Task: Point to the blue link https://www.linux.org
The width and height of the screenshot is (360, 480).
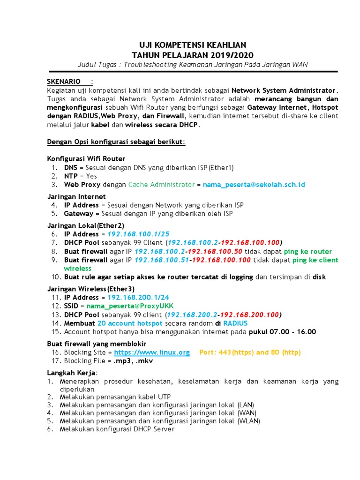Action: click(152, 352)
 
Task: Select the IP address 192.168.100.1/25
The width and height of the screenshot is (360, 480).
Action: click(139, 234)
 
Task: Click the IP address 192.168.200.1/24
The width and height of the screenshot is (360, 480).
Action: click(138, 297)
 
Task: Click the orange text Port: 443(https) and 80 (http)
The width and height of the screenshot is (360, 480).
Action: click(250, 352)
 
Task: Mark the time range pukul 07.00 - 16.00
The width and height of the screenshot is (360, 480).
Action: click(282, 332)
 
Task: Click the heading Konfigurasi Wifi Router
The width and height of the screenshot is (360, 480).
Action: click(86, 158)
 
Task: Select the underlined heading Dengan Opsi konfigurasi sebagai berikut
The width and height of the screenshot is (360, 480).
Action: click(116, 142)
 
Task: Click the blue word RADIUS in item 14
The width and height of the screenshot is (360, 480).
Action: click(235, 323)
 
